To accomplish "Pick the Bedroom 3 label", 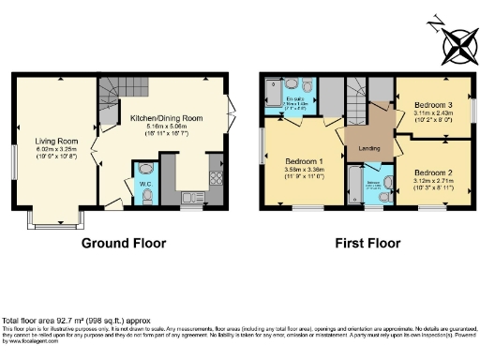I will click(433, 105).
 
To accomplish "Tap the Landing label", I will click(369, 149).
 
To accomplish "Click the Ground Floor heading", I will click(124, 244).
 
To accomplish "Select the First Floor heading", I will click(365, 244).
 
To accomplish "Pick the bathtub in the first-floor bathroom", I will click(355, 186).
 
